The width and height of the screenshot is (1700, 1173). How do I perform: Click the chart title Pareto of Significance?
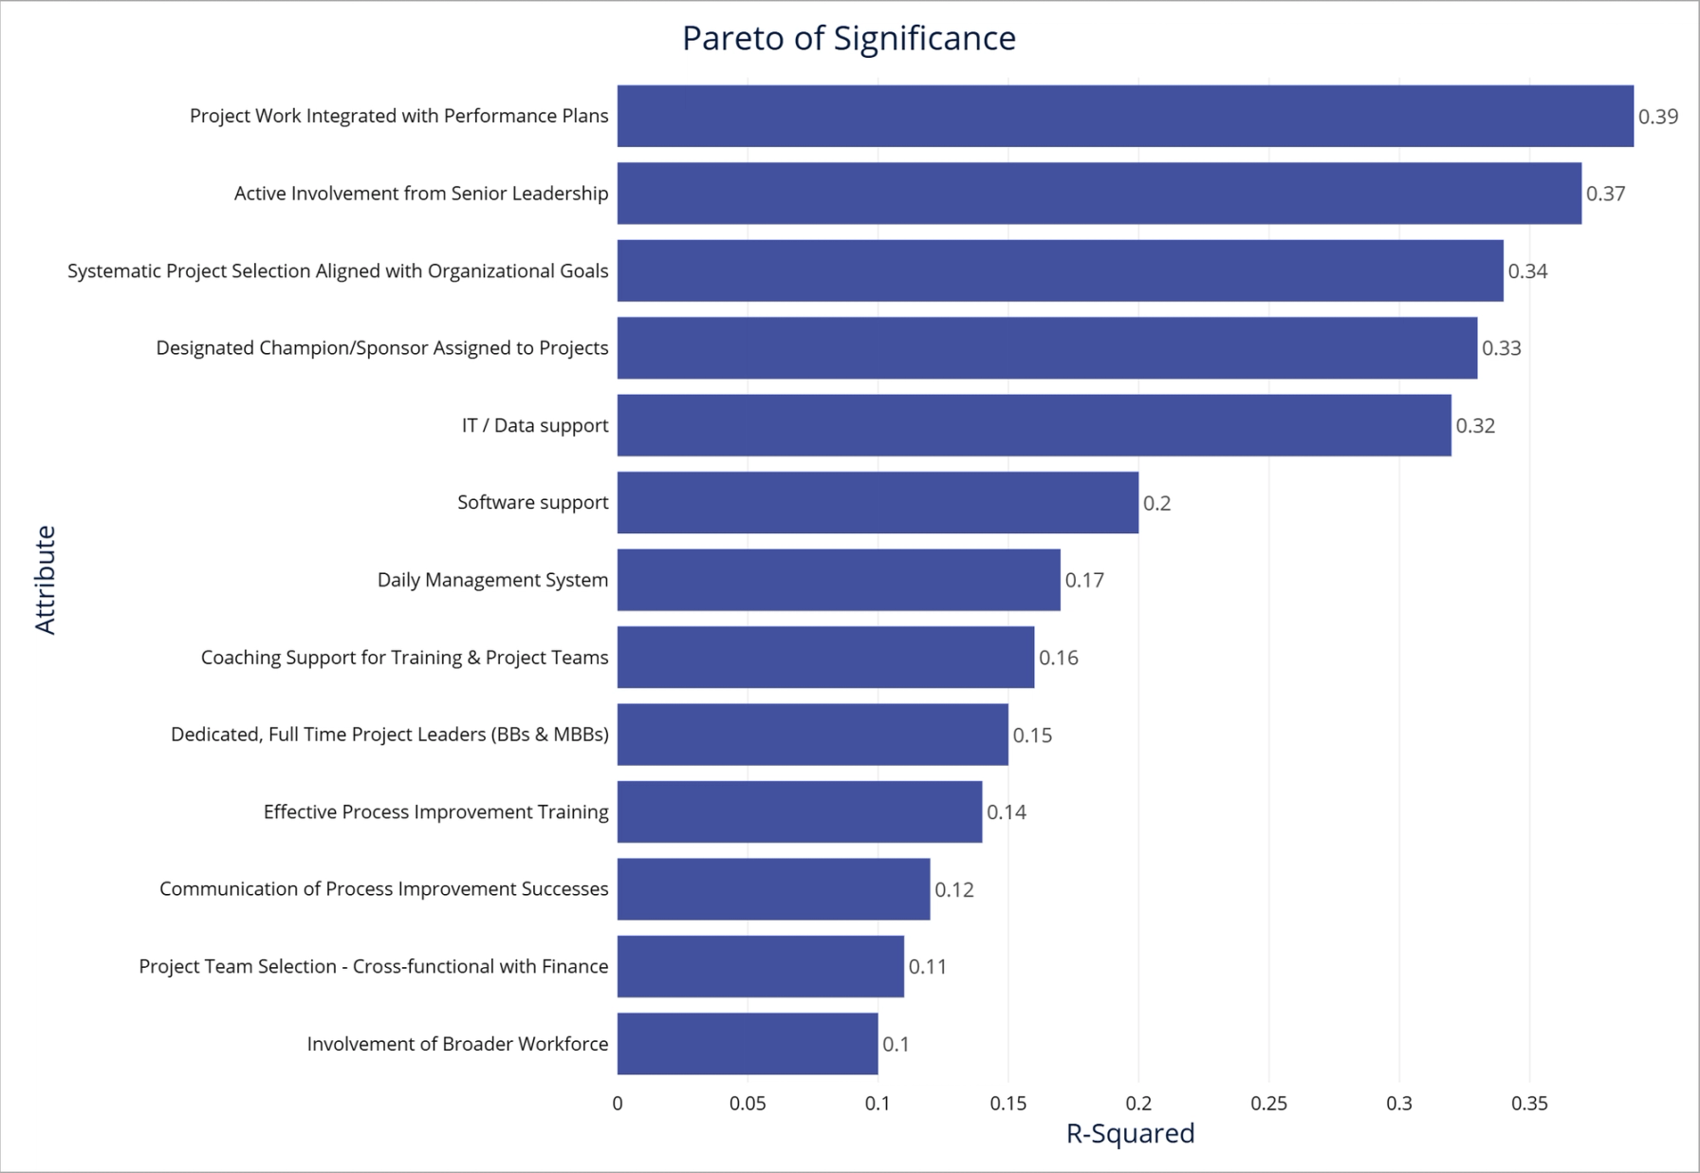849,39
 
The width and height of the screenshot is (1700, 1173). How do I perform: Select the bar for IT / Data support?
1034,425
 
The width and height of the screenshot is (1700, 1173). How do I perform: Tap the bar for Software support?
878,503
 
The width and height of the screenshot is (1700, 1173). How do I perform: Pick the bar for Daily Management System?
839,580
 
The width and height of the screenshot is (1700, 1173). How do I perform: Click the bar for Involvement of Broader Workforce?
748,1044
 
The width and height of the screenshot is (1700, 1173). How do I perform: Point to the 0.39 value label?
1657,117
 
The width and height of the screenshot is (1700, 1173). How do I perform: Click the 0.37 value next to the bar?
1605,194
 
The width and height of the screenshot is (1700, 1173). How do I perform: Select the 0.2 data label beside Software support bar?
1156,503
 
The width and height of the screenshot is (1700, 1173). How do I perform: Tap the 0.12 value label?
953,889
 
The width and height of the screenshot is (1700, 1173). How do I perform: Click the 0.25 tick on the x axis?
1268,1104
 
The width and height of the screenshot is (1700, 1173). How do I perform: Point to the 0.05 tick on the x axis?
748,1104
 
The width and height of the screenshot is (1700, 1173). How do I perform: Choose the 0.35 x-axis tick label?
1529,1104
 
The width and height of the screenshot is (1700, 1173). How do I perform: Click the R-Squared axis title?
1130,1134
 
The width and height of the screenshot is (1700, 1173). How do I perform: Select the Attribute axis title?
46,580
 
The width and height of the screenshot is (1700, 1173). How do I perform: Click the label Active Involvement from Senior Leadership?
421,194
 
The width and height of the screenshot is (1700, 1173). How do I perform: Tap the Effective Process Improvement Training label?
435,812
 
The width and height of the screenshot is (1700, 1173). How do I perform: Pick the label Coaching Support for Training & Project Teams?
404,658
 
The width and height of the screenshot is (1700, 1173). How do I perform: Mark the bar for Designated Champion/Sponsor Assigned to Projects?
1047,348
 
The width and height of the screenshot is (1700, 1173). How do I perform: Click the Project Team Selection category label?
373,967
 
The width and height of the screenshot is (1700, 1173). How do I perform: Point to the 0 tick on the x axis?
618,1104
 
